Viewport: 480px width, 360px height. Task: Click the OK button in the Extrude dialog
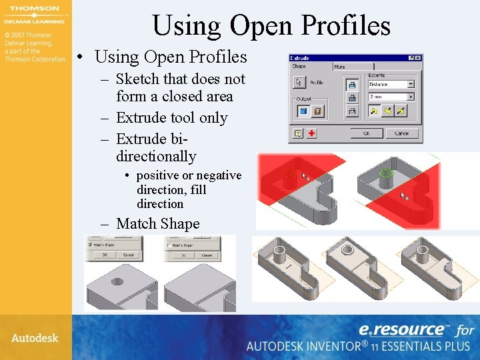pyautogui.click(x=366, y=133)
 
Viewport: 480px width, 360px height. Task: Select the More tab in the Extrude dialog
pyautogui.click(x=340, y=67)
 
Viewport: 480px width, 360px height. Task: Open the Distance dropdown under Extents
pyautogui.click(x=410, y=84)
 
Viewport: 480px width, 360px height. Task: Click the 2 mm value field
pyautogui.click(x=387, y=97)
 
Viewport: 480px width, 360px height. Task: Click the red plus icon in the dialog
pyautogui.click(x=311, y=133)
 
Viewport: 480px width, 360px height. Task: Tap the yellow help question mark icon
pyautogui.click(x=297, y=133)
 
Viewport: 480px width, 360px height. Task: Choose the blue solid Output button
pyautogui.click(x=303, y=111)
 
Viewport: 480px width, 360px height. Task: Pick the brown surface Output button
pyautogui.click(x=318, y=111)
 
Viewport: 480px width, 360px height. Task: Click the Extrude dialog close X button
pyautogui.click(x=417, y=58)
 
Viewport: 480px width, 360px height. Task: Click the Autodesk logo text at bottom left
pyautogui.click(x=35, y=338)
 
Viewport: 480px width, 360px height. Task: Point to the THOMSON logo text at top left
pyautogui.click(x=33, y=10)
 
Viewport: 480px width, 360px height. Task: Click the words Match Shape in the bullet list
pyautogui.click(x=157, y=224)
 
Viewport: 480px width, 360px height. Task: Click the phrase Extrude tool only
pyautogui.click(x=171, y=118)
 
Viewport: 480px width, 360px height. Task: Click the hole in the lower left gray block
pyautogui.click(x=117, y=281)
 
